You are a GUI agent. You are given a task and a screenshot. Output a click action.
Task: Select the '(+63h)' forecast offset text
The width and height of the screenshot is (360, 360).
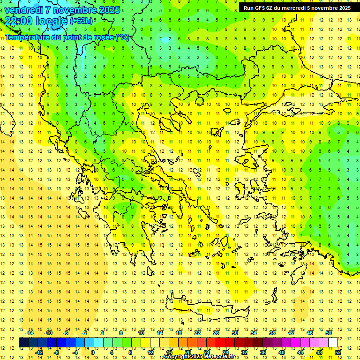point(81,21)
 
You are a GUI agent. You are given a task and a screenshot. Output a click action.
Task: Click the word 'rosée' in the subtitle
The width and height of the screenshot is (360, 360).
point(102,37)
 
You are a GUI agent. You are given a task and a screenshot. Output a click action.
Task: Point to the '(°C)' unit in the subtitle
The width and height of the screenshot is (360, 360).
point(122,37)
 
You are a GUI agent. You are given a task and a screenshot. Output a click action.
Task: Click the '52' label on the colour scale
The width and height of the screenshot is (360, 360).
point(337,352)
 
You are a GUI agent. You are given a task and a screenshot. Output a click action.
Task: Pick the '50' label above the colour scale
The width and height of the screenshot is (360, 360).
point(328,333)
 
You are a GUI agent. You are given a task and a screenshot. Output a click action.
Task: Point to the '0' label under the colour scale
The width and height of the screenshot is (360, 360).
point(93,352)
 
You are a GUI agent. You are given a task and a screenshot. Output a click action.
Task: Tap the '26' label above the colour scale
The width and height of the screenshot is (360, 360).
point(216,333)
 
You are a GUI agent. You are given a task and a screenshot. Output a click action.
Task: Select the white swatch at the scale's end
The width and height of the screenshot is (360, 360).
point(333,342)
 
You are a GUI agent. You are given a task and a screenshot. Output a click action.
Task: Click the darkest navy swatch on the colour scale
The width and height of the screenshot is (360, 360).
point(23,342)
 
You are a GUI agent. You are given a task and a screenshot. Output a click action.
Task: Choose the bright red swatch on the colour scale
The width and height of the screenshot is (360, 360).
point(220,342)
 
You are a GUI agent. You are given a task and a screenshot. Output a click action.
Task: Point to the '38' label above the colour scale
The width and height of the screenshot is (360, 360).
point(272,333)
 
